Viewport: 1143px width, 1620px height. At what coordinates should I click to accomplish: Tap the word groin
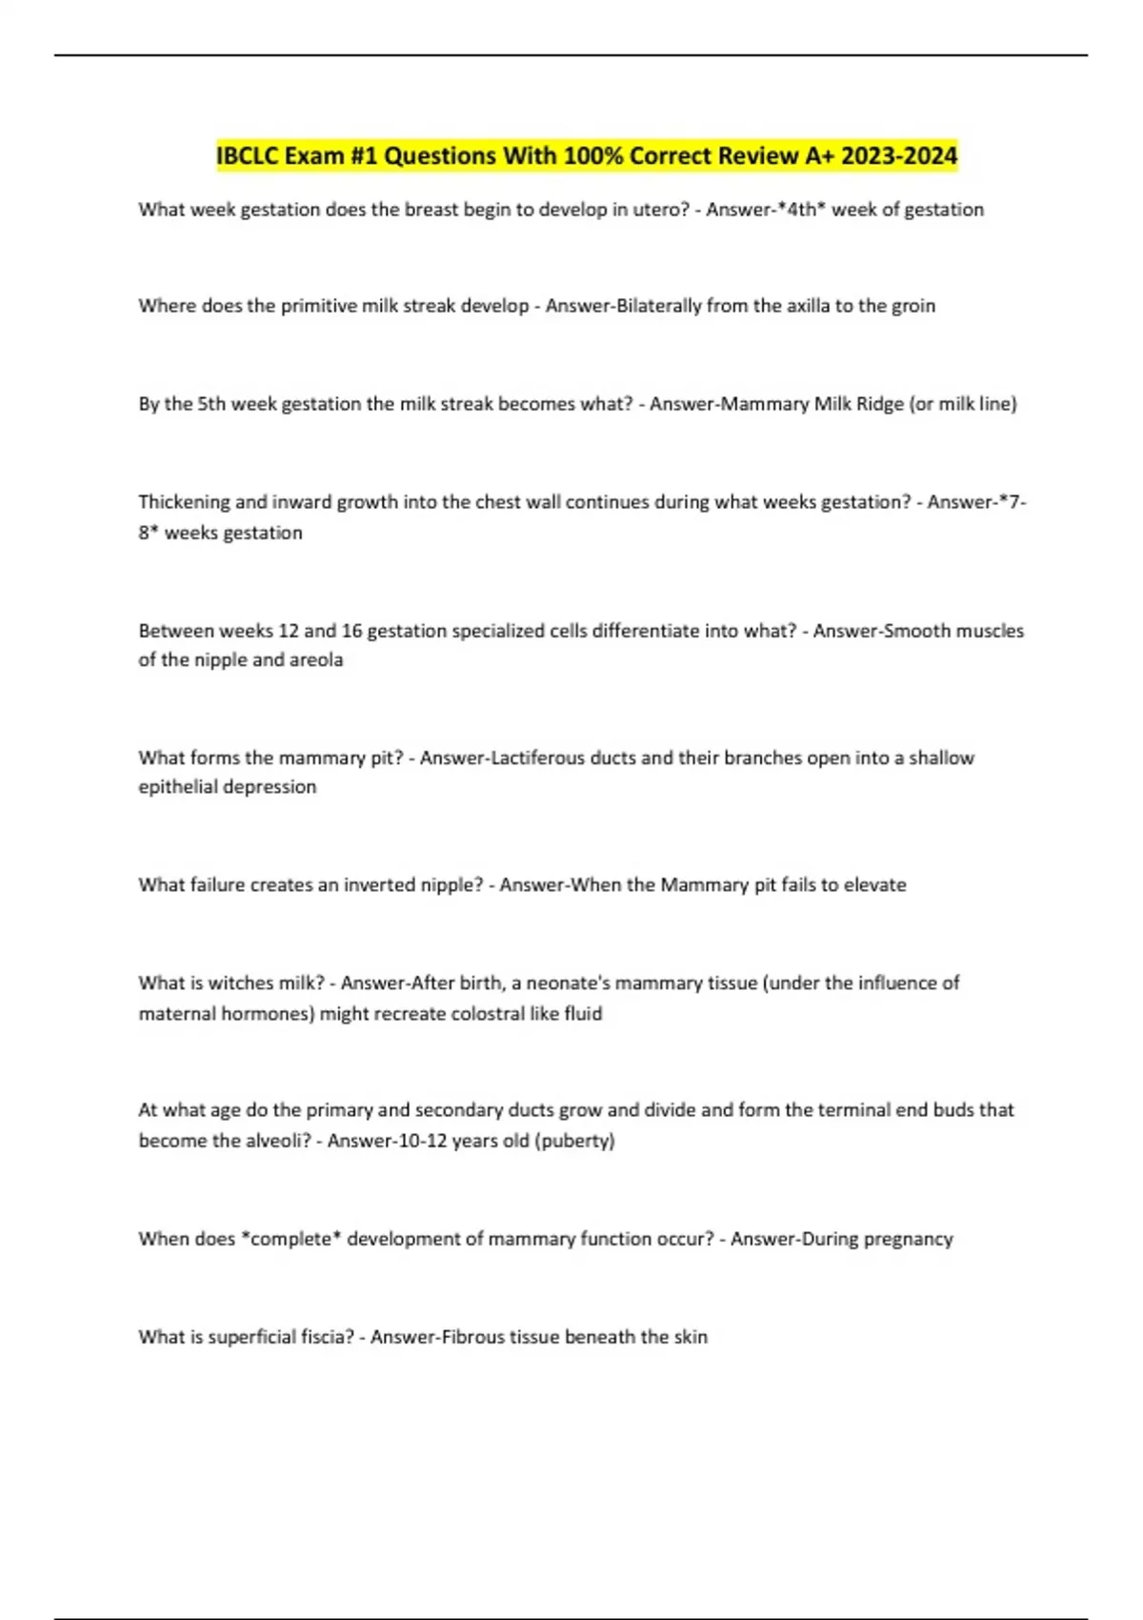[912, 306]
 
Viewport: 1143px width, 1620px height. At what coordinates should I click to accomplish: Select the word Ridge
[879, 404]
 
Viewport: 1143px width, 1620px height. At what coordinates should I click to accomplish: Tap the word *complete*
[291, 1239]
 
